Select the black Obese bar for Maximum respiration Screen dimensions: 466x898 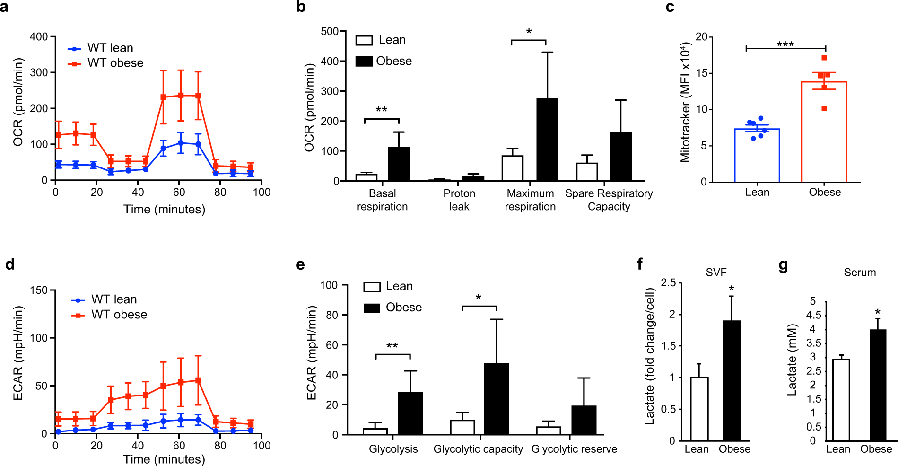(547, 140)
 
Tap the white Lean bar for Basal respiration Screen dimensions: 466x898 (366, 177)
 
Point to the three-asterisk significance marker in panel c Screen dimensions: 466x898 (785, 44)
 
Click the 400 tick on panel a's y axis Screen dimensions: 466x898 (39, 37)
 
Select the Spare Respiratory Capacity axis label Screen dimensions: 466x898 (609, 200)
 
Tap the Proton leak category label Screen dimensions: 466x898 (459, 200)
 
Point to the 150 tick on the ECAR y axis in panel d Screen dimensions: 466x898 (39, 290)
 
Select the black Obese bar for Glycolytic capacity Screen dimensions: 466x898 (497, 399)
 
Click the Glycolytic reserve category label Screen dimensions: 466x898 (574, 449)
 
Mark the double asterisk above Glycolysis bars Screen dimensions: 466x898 (392, 346)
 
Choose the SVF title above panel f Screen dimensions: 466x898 (716, 273)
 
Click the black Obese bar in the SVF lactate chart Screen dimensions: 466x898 (732, 381)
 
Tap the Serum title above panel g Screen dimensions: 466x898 (860, 273)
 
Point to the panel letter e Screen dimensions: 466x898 (300, 264)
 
